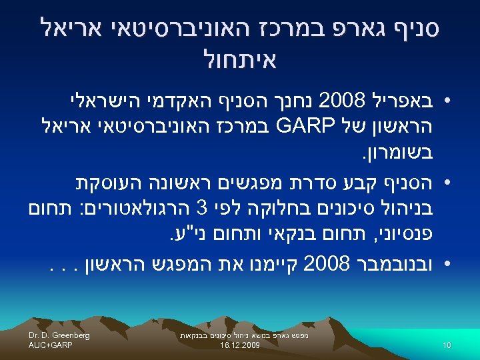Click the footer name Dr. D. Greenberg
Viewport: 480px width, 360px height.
59,335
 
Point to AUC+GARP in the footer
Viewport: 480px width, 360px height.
50,345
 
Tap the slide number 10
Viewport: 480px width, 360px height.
447,345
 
